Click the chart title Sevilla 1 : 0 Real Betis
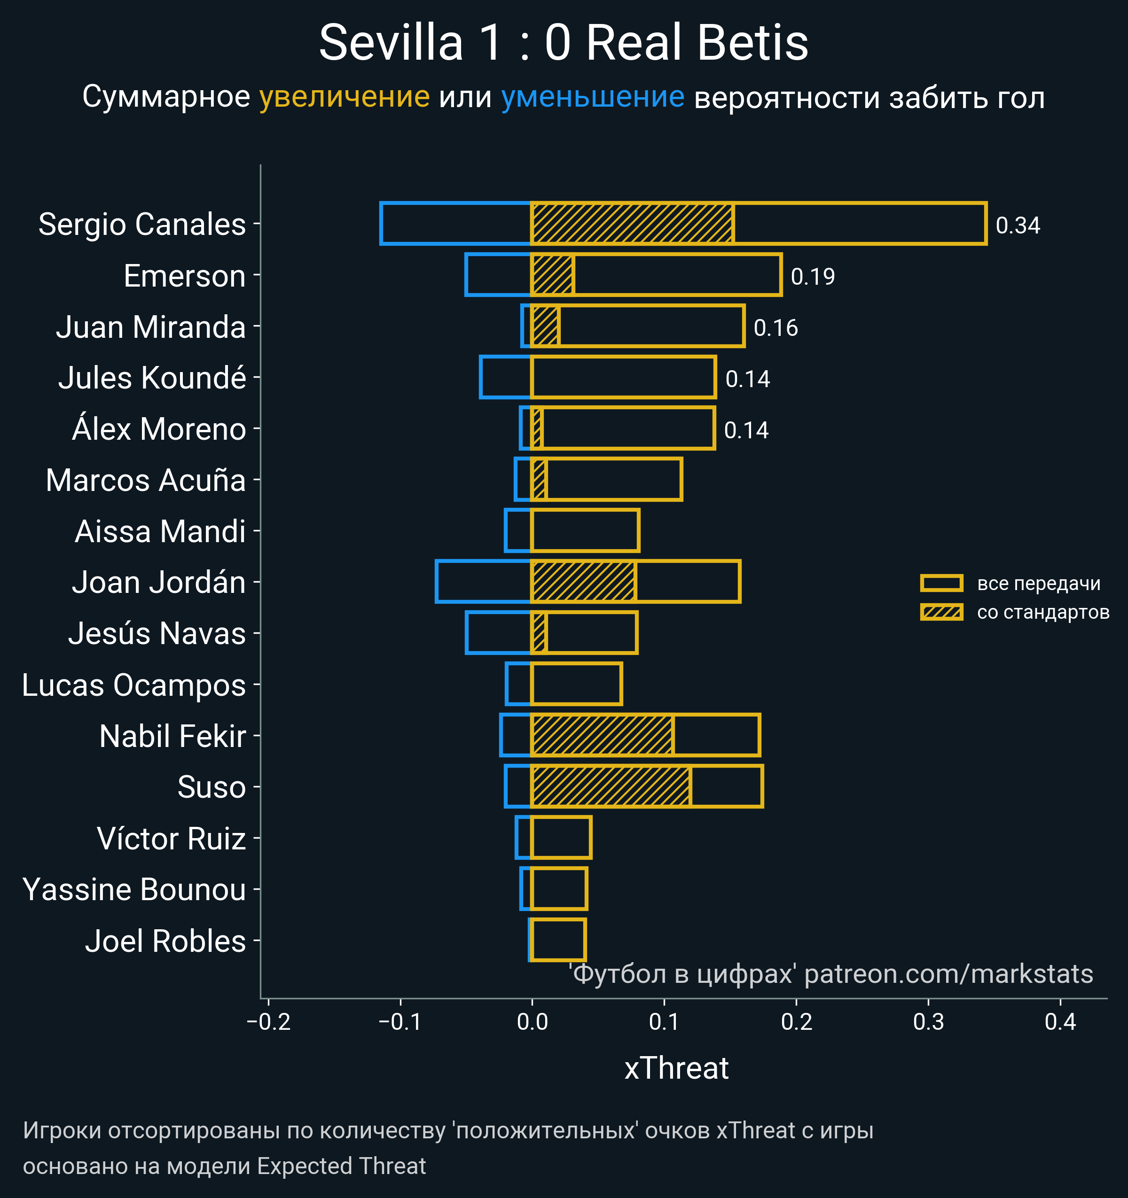563,43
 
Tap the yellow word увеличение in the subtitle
344,97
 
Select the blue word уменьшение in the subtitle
593,97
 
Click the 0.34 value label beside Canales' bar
1018,226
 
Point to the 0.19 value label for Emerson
813,277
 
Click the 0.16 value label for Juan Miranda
775,328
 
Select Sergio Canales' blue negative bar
455,224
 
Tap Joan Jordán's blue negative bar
483,582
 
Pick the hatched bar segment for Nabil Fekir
602,735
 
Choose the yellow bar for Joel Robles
558,940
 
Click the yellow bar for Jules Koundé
623,377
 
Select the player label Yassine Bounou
134,889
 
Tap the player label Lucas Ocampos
134,685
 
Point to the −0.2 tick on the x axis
269,1022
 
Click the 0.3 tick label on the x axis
928,1022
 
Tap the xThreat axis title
676,1068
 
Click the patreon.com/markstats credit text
948,974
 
